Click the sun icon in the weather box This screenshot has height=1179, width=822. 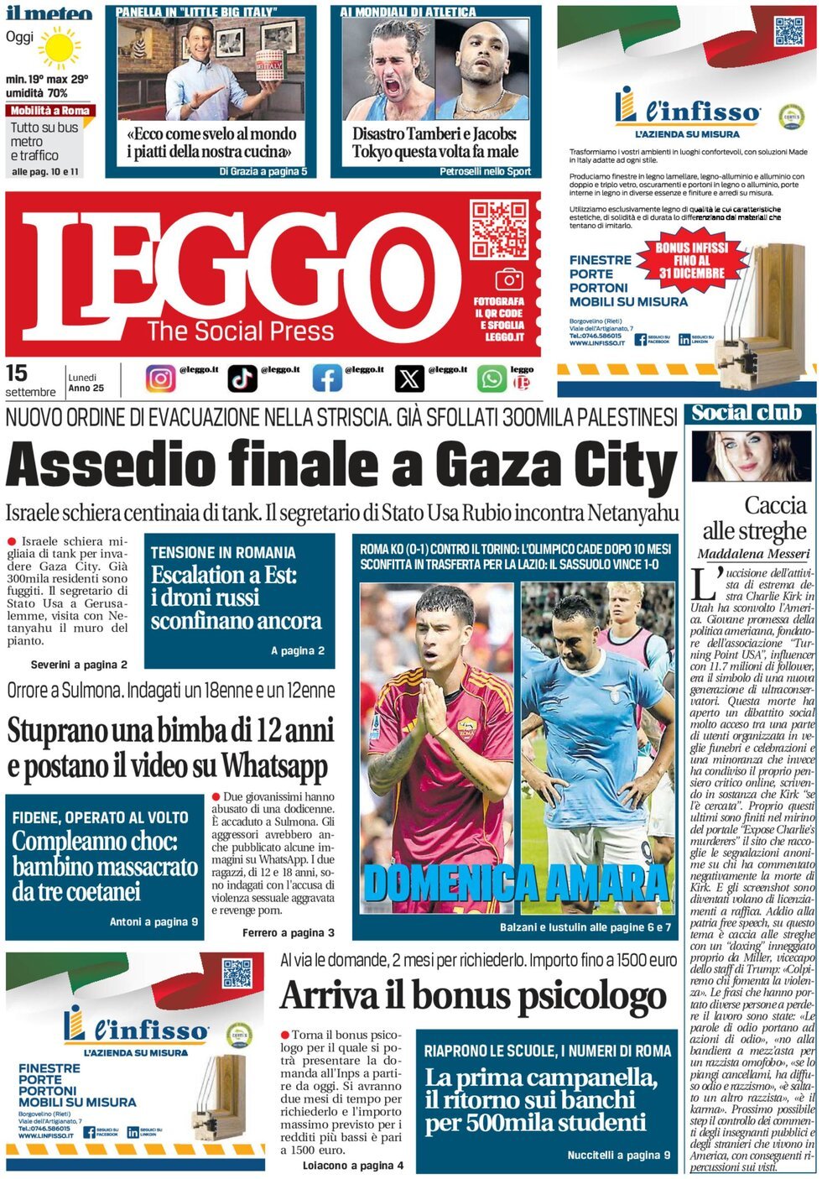coord(60,47)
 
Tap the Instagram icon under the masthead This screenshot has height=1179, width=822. coord(160,378)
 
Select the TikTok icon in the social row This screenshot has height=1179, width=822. coord(242,378)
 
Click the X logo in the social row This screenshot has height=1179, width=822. coord(409,378)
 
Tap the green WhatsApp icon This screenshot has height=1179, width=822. coord(492,378)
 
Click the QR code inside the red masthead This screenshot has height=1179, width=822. coord(498,229)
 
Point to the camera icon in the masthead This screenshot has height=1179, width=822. coord(508,279)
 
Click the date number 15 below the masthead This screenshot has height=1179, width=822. coord(16,373)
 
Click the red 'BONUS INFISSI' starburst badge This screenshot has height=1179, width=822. coord(691,260)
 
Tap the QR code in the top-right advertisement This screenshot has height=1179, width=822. coord(788,30)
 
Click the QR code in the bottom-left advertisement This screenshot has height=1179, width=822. coord(237,973)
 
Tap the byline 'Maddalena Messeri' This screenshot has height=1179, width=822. coord(753,554)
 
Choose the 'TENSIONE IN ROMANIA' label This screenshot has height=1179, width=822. coord(223,552)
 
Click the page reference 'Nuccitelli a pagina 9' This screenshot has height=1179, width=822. coord(618,1155)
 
